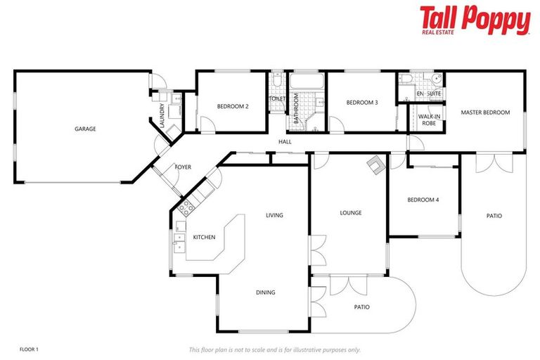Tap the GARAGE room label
86,129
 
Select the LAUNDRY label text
162,112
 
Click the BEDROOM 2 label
233,106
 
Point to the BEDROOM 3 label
362,103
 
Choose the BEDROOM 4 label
423,200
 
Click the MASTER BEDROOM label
485,112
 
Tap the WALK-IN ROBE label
428,120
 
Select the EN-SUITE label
429,94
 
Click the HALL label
285,142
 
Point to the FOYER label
183,167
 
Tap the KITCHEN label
204,237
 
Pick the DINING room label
265,292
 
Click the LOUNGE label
350,212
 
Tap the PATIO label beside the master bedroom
494,216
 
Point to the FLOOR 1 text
29,349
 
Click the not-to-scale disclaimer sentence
274,349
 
